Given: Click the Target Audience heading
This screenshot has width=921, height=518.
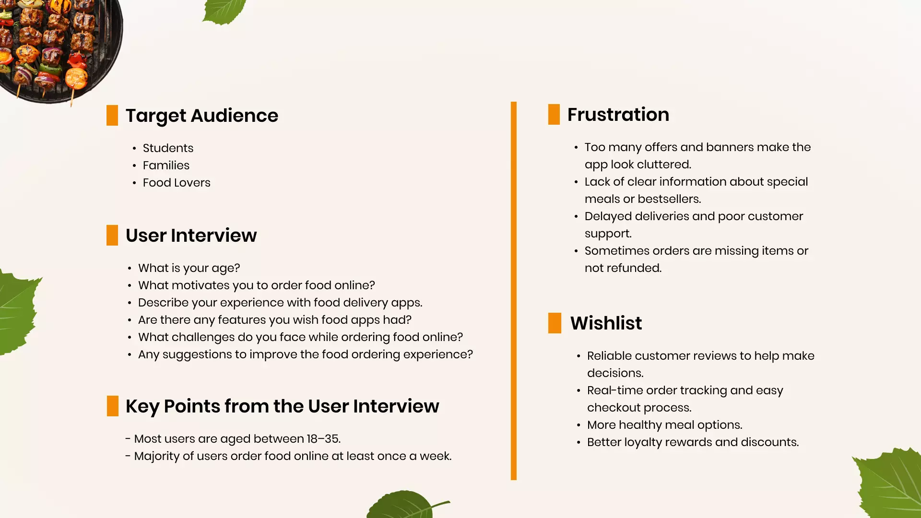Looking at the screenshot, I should click(201, 116).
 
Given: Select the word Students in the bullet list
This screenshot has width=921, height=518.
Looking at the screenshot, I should click(168, 148).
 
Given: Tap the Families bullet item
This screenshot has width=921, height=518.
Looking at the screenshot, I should click(166, 165).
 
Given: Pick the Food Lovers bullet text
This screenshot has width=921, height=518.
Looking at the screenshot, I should click(177, 183).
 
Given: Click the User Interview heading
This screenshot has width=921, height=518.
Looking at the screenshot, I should click(191, 235).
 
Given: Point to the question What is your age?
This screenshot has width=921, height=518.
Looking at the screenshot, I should click(189, 268).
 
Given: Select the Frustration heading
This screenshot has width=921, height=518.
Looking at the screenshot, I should click(618, 115).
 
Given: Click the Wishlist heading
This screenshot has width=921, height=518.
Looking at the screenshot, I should click(606, 323).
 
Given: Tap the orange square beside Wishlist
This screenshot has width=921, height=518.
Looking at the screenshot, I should click(555, 323).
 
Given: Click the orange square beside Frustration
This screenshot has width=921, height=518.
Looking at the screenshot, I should click(554, 115).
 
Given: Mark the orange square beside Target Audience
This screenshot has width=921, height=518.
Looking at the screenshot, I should click(112, 116).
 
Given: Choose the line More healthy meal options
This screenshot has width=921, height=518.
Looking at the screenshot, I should click(664, 425).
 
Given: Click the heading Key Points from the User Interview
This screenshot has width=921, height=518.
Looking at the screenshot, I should click(282, 406).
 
